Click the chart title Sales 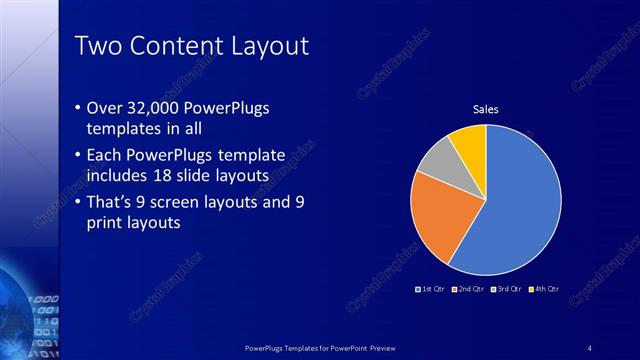[486, 110]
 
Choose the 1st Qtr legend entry [431, 289]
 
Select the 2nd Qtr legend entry [470, 289]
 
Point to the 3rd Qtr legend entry [509, 289]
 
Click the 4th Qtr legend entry [545, 289]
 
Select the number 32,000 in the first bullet [163, 107]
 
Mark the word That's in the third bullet [115, 203]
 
